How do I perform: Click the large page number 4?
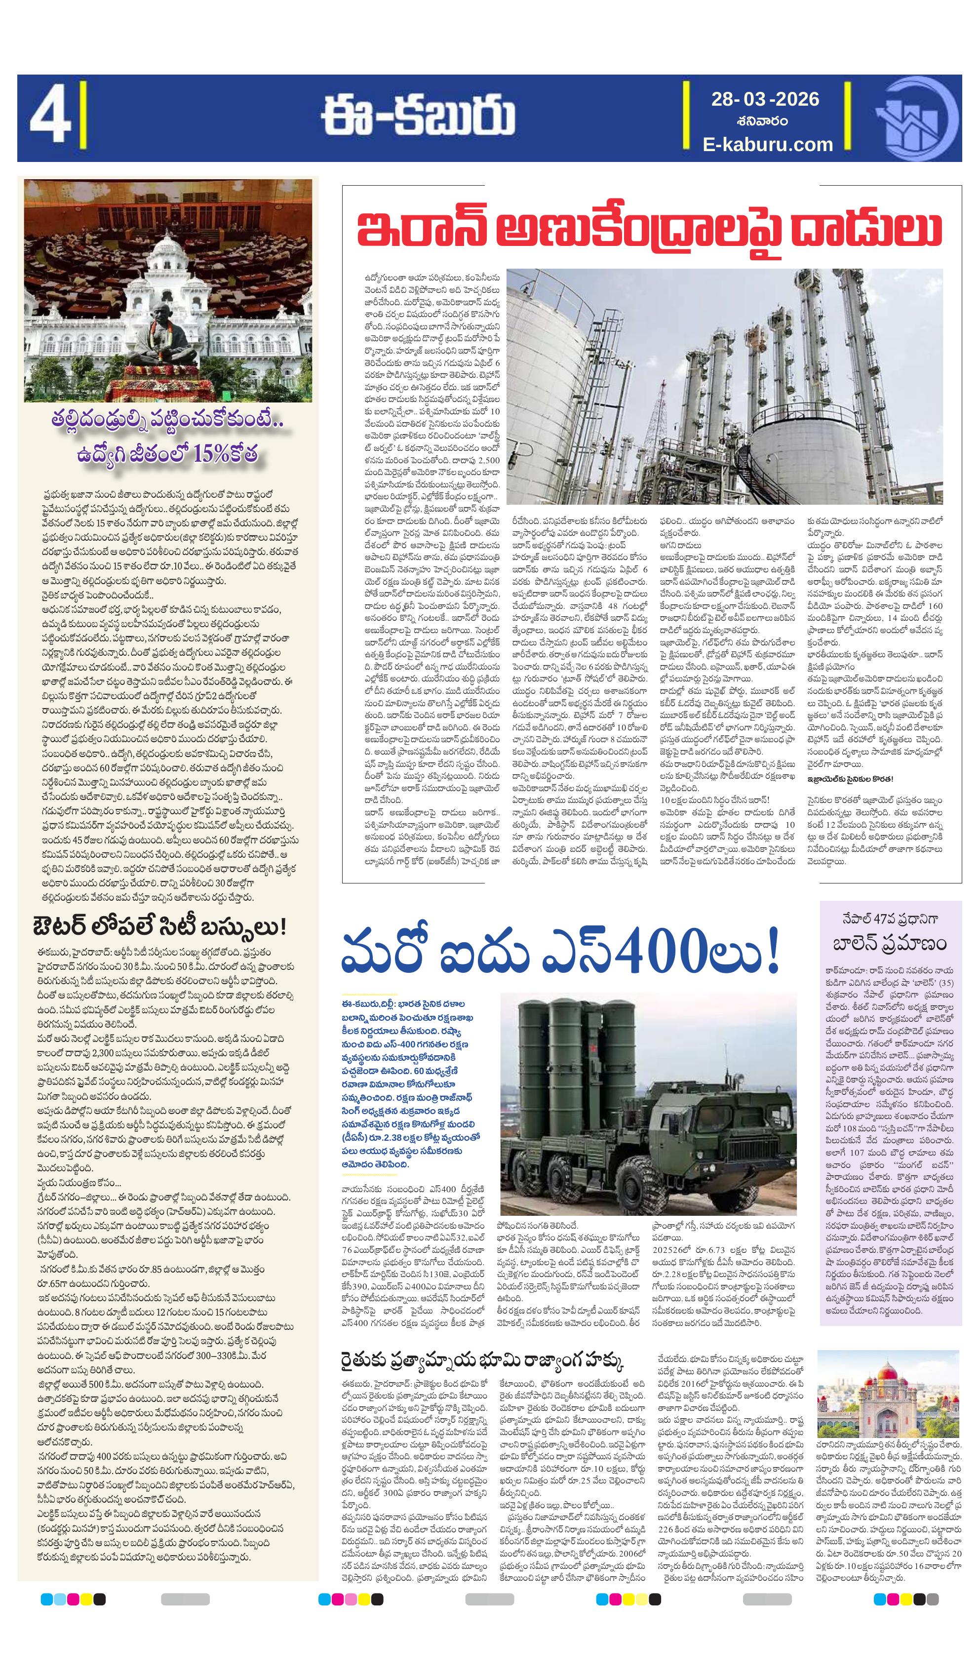click(51, 119)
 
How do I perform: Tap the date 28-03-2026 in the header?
click(765, 99)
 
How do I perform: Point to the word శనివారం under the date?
click(765, 121)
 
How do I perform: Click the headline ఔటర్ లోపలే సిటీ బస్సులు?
click(160, 926)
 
